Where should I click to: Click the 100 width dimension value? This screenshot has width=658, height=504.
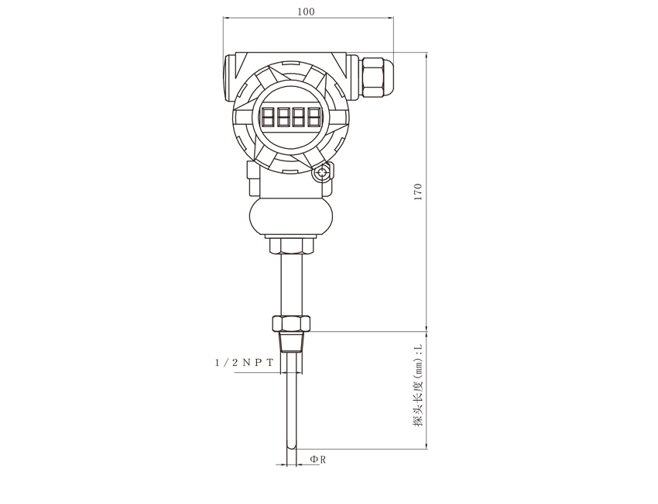click(x=306, y=12)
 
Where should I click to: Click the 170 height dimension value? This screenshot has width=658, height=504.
click(x=418, y=192)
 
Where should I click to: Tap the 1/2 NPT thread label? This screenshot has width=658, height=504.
click(x=244, y=362)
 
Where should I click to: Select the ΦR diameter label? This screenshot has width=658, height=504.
click(x=318, y=460)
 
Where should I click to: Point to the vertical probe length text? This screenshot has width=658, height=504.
click(x=418, y=386)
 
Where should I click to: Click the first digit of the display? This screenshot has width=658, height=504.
click(x=268, y=116)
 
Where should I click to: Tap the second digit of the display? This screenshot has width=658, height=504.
click(x=283, y=116)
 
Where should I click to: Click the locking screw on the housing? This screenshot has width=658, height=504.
click(x=322, y=173)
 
